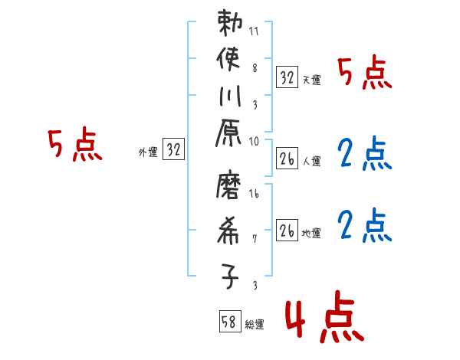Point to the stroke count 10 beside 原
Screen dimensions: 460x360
[255, 142]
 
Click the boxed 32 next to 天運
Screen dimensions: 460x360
[287, 77]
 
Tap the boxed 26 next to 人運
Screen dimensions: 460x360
[287, 159]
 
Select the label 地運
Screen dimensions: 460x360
[311, 233]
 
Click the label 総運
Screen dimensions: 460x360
[255, 325]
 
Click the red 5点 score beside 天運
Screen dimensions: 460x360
[364, 74]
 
